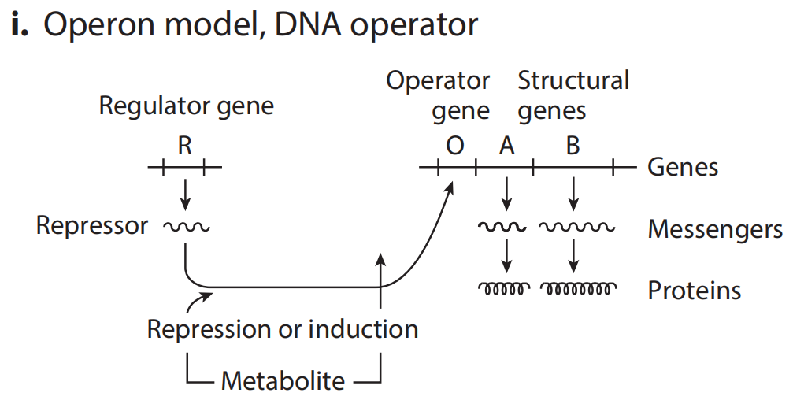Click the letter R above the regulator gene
click(184, 146)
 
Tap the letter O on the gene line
click(454, 146)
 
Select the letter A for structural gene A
click(506, 146)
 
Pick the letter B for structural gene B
click(573, 146)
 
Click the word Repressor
click(91, 226)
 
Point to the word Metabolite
click(283, 381)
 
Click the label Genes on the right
click(682, 167)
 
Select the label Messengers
click(714, 229)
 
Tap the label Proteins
click(694, 290)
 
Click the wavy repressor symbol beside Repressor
click(186, 228)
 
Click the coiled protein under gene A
click(504, 289)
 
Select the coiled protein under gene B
click(578, 289)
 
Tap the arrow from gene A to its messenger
click(507, 193)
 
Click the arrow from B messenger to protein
click(574, 254)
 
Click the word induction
click(362, 328)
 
